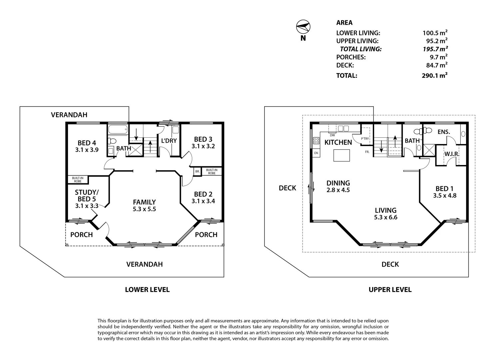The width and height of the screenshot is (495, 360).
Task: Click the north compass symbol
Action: tap(303, 27)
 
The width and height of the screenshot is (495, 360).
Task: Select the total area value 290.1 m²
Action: tap(434, 75)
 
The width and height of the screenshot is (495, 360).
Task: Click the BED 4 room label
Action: tap(87, 143)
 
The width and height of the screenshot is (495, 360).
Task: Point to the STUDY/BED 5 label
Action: tap(87, 196)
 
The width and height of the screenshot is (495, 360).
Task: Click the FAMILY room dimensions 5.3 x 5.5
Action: tap(144, 209)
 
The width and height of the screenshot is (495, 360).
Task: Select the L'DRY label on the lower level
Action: tap(169, 141)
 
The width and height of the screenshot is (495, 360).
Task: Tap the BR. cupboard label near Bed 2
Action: tap(197, 171)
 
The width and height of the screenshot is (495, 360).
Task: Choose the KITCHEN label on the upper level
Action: tap(338, 142)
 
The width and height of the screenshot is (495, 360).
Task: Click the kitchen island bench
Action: tap(342, 155)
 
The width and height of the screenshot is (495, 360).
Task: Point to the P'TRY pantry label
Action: tap(365, 139)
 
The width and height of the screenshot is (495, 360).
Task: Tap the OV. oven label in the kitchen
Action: tap(316, 153)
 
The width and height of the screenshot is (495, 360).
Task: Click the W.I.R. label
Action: tap(452, 154)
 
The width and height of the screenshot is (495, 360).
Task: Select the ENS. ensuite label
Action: tap(444, 132)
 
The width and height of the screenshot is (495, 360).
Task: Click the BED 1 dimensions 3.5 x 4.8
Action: tap(445, 196)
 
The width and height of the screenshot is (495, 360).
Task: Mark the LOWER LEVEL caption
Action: tap(147, 290)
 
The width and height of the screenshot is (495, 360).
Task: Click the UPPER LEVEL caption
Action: tap(390, 290)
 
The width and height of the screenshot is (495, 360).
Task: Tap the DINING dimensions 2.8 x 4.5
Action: tap(338, 190)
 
